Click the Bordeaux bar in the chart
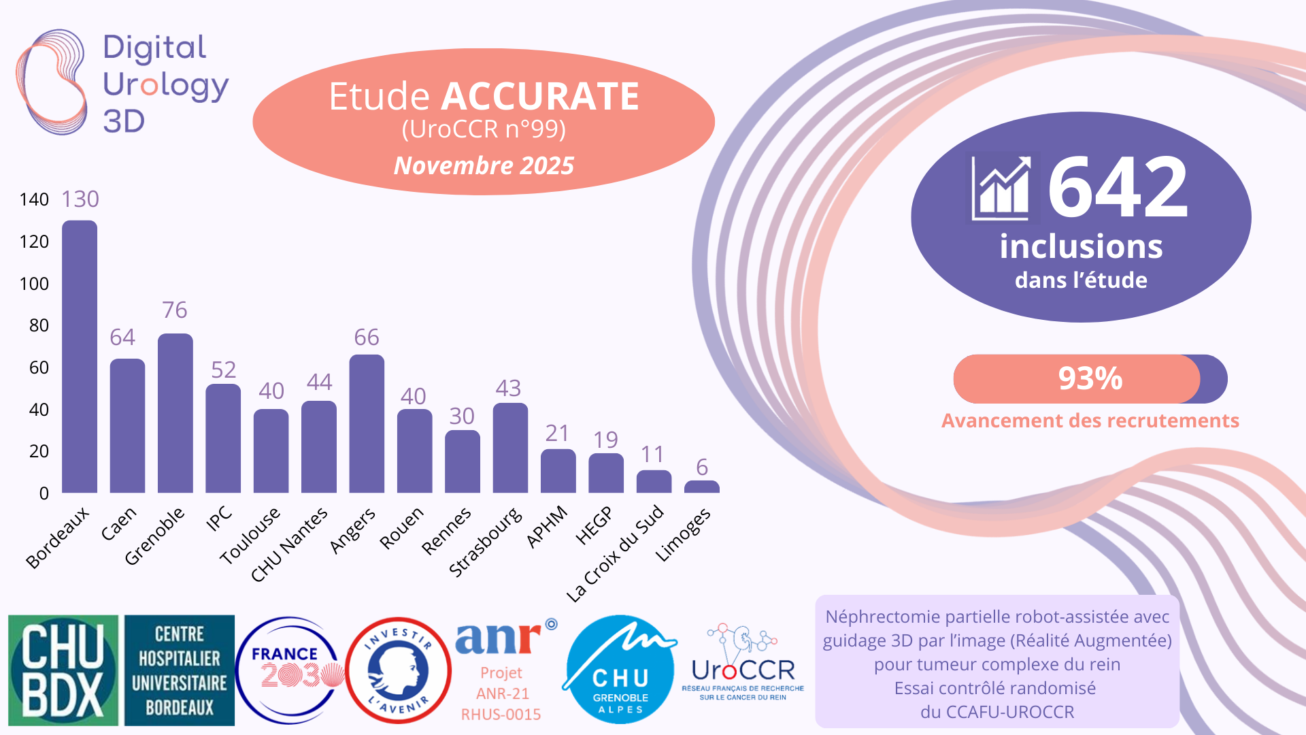[x=80, y=357]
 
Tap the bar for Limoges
[x=701, y=487]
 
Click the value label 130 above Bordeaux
[x=80, y=199]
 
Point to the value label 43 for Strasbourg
[x=508, y=389]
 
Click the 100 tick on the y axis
[x=34, y=284]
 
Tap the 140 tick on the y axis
[x=34, y=199]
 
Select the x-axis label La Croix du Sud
[x=616, y=553]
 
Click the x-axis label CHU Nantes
[x=290, y=544]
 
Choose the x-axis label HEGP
[x=594, y=525]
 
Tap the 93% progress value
[x=1090, y=379]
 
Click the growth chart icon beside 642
[x=1001, y=188]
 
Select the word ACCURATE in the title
[x=540, y=96]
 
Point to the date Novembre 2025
[x=484, y=165]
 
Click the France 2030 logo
[x=290, y=670]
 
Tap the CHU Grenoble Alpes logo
[x=620, y=670]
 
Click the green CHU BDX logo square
[x=63, y=670]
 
